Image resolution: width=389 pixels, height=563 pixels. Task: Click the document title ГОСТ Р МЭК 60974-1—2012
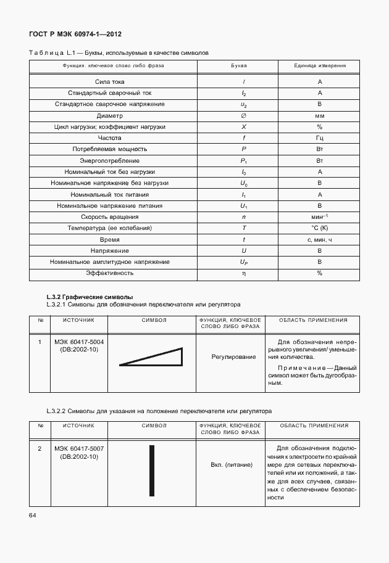(80, 35)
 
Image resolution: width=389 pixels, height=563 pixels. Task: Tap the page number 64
(32, 515)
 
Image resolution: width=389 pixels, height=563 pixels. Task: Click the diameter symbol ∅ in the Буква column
(243, 115)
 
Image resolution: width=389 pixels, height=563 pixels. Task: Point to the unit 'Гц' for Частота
(320, 138)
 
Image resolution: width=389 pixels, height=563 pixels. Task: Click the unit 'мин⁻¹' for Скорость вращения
(320, 217)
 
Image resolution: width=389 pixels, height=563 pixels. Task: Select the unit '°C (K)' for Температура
(320, 228)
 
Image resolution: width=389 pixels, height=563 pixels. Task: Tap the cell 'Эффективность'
(109, 273)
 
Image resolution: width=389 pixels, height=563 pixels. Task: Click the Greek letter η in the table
(243, 273)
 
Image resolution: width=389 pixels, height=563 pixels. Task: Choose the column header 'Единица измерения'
(320, 65)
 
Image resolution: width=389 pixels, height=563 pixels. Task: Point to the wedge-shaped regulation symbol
(151, 357)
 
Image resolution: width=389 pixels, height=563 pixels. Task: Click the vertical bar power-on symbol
(151, 467)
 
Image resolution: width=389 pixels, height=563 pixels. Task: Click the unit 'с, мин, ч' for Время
(320, 239)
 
